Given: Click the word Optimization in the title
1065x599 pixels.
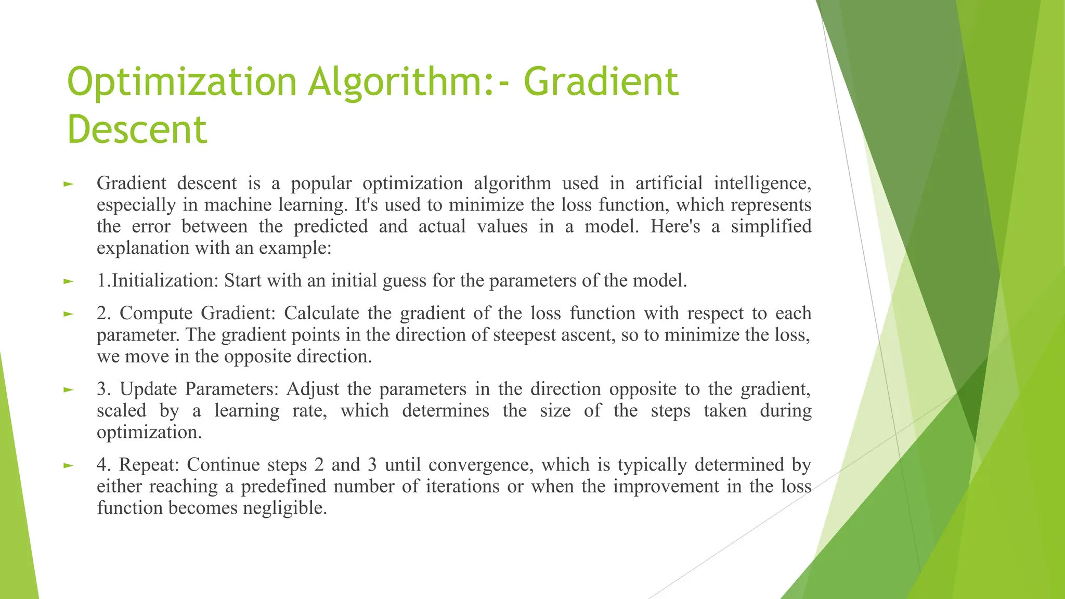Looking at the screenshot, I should tap(181, 82).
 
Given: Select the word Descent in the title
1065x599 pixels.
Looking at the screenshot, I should tap(137, 129).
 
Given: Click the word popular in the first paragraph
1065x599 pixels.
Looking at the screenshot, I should tap(321, 183).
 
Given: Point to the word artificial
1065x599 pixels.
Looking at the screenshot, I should tap(669, 183).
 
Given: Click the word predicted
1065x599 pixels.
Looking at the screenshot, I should tap(331, 226).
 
